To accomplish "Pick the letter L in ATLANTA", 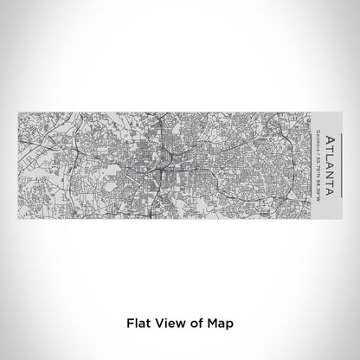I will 329,156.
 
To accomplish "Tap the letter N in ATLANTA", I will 329,174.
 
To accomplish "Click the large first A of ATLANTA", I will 329,140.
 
